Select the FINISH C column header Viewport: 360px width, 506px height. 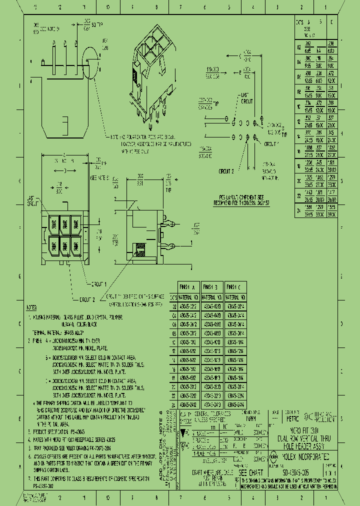235,287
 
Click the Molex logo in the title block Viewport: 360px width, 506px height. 274,455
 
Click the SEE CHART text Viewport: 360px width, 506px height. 250,472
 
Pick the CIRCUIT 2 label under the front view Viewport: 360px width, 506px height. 87,299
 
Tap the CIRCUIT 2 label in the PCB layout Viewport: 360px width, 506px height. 226,170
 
